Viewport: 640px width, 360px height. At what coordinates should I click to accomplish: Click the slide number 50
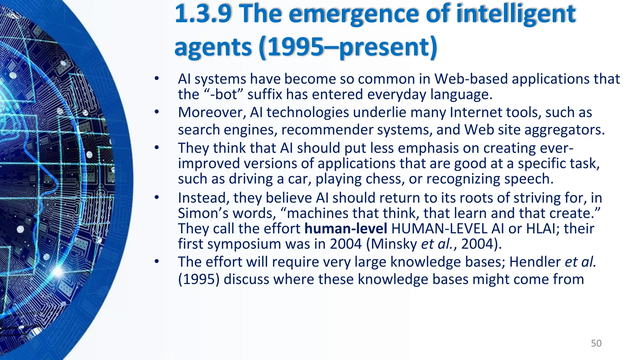tap(596, 343)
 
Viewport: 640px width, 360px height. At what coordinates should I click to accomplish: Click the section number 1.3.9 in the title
tap(203, 14)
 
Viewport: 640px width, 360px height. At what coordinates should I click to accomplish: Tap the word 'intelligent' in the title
tap(516, 14)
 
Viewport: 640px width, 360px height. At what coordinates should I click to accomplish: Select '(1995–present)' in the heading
tap(348, 47)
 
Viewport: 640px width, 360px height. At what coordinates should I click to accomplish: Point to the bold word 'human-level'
tap(346, 228)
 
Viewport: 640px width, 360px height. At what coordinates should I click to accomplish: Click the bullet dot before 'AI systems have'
tap(157, 78)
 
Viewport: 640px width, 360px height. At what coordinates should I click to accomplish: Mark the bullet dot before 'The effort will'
tap(157, 261)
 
